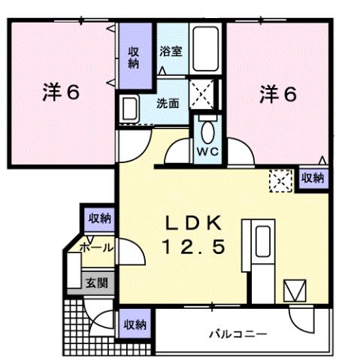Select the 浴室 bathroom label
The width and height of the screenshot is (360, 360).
pos(170,53)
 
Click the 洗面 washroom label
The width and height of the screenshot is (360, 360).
pos(167,103)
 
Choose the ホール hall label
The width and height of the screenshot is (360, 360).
pos(95,247)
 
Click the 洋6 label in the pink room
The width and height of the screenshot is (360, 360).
pos(60,93)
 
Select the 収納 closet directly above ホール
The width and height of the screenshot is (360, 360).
pos(98,219)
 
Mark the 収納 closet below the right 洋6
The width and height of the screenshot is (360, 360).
pos(313,178)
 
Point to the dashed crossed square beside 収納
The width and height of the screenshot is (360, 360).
pos(280,180)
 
